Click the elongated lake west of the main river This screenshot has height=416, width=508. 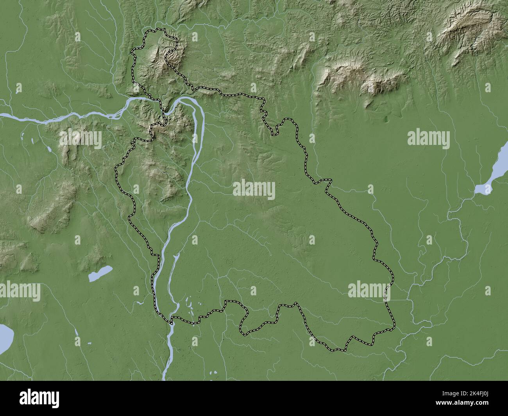click(x=100, y=273)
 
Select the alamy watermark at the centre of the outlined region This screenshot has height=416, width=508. click(x=254, y=190)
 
